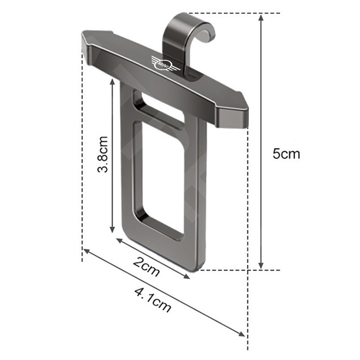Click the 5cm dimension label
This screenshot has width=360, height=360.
coord(286,153)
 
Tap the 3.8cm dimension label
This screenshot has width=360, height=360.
coord(103,154)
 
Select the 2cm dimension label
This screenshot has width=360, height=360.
coord(146,266)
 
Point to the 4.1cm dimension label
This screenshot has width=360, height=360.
coord(153,300)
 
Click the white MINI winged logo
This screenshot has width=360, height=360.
coord(165,63)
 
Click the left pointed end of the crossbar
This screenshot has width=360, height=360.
coord(82,38)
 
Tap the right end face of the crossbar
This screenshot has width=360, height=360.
coord(233,117)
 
